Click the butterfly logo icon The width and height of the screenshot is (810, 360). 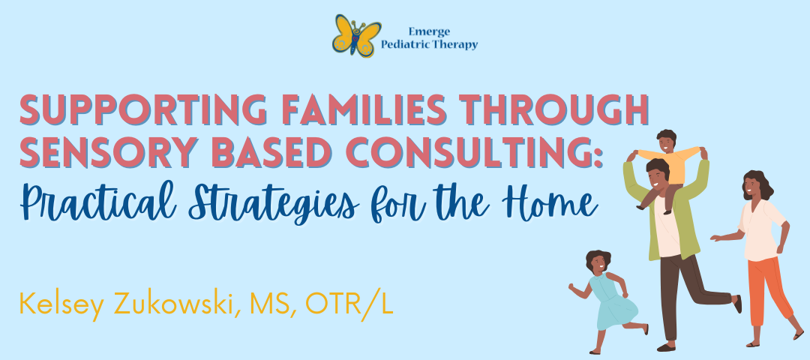coord(356,35)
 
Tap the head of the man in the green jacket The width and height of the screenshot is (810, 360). coord(658,175)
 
